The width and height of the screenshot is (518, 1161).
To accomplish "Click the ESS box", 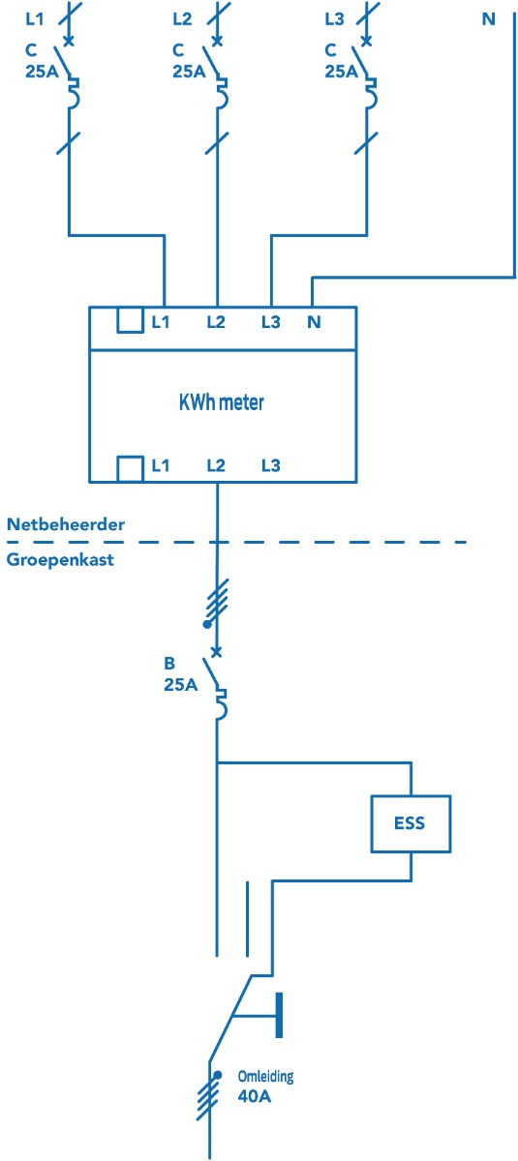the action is click(x=411, y=823).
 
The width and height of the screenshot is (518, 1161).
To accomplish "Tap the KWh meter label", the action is click(x=222, y=402).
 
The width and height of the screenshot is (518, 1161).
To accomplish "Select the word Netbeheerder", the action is click(x=66, y=524).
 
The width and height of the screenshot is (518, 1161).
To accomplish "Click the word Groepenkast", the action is click(x=60, y=560).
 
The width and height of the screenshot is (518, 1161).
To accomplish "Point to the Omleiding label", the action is click(x=265, y=1076).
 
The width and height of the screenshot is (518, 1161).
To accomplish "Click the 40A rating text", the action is click(x=254, y=1096).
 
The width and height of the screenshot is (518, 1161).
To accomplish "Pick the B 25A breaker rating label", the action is click(x=180, y=673).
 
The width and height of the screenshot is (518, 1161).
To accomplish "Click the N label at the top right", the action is click(x=488, y=19).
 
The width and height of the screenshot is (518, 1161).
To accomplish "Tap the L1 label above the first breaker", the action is click(x=35, y=19).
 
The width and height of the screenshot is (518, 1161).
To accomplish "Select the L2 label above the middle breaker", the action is click(x=183, y=19).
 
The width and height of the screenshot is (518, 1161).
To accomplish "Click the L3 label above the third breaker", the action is click(x=334, y=19).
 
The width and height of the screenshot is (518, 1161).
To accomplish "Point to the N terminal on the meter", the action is click(x=314, y=322).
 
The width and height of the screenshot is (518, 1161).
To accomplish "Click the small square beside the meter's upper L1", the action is click(x=130, y=320).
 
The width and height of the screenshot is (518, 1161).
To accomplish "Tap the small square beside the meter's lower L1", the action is click(x=130, y=469).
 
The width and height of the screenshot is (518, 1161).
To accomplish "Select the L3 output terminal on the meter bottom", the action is click(x=271, y=465).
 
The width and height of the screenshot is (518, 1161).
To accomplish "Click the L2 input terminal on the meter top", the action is click(x=216, y=322).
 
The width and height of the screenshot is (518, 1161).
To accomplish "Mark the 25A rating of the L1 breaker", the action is click(x=42, y=72).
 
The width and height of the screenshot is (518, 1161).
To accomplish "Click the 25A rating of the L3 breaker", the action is click(x=341, y=72).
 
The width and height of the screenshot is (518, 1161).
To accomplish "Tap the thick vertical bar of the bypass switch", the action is click(x=279, y=1015).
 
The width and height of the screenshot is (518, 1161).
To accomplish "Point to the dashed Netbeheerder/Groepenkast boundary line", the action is click(x=236, y=542).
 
